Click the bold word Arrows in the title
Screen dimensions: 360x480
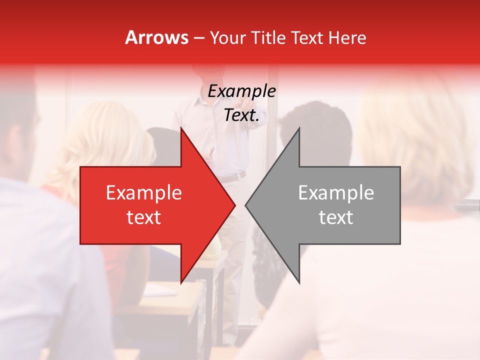tap(156, 37)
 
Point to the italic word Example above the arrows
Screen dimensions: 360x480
tap(241, 91)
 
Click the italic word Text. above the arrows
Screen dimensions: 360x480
tap(241, 115)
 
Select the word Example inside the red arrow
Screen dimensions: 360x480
tap(143, 192)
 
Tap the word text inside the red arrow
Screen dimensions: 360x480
tap(143, 217)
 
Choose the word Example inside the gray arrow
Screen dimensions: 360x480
tap(336, 192)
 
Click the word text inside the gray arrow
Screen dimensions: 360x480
tap(336, 217)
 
